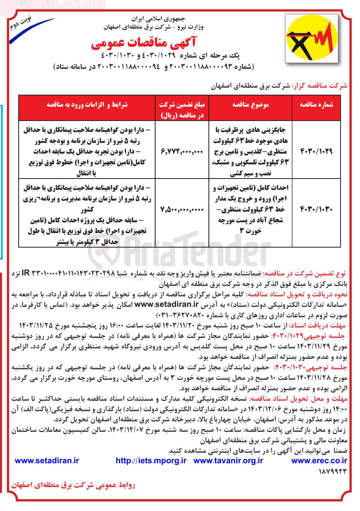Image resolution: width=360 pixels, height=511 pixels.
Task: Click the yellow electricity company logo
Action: (x=311, y=38)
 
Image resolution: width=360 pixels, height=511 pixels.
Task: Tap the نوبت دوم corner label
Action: (x=21, y=23)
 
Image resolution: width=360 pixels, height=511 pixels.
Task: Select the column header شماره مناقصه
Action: (x=316, y=105)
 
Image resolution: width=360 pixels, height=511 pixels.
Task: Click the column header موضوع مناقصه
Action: (x=250, y=105)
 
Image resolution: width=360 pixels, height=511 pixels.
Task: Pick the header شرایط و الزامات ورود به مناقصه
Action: (x=87, y=105)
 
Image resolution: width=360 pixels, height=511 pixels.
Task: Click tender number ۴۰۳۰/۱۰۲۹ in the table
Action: (x=316, y=152)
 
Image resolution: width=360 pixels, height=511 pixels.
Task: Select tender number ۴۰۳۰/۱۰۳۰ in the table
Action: (x=316, y=209)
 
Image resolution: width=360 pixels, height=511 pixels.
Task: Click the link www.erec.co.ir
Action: (x=319, y=461)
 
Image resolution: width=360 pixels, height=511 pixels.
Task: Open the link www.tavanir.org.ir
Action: (x=228, y=461)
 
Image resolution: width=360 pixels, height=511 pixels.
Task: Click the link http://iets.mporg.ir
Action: (x=151, y=461)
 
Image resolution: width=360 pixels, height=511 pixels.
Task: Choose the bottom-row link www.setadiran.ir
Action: (x=47, y=461)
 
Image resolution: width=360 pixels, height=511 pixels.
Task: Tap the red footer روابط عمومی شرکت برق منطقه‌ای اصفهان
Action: (x=73, y=485)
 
